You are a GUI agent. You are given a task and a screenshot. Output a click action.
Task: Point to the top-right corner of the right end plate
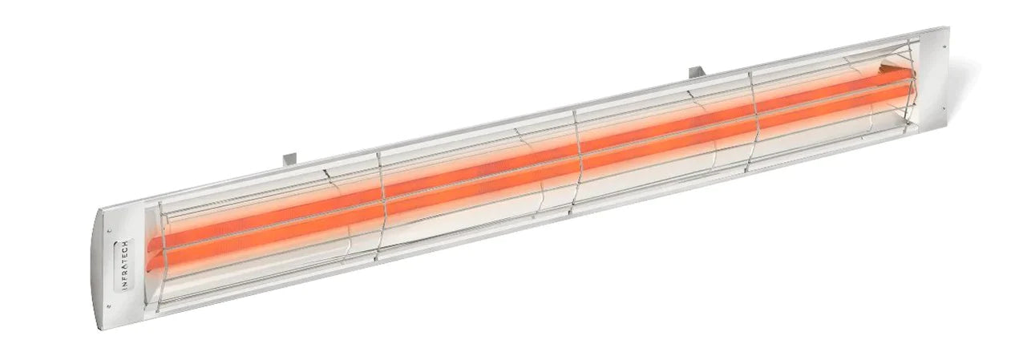(x=948, y=29)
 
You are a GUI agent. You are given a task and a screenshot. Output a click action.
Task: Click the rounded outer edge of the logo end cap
(x=98, y=265)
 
